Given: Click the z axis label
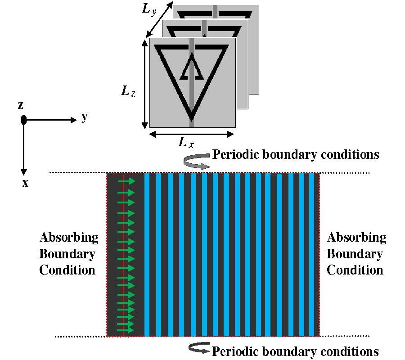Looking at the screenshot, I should (20, 105).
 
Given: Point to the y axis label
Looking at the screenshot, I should (84, 117).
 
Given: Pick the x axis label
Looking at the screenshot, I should (25, 183).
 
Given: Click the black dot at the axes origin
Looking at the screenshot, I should (24, 120).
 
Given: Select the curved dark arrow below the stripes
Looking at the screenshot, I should (198, 347).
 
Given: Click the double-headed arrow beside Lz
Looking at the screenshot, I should (144, 83).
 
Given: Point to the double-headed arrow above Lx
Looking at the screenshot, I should (191, 134).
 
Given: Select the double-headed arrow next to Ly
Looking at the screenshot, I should (159, 19).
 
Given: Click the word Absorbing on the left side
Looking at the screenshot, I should (69, 237).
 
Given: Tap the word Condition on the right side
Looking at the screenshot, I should (355, 270).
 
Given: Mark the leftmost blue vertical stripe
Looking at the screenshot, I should (147, 255).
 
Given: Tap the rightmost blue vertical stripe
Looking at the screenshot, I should (312, 255).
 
